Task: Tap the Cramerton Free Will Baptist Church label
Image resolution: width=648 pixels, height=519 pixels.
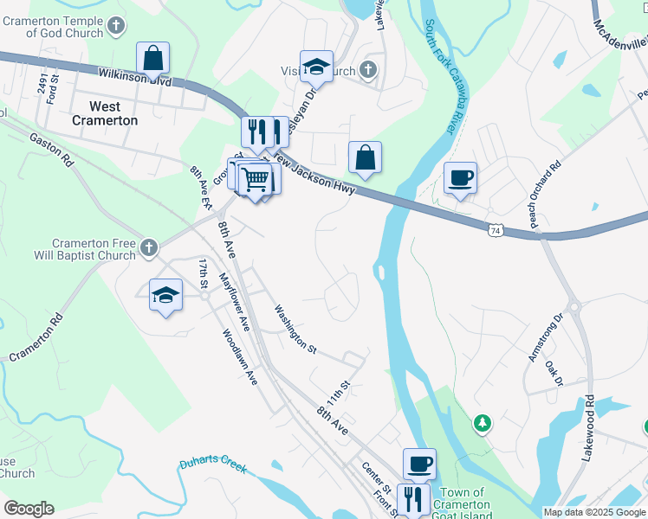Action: point(94,249)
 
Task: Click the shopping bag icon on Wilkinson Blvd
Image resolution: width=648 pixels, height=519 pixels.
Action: point(152,59)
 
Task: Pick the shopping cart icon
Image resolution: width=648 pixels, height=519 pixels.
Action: point(256,180)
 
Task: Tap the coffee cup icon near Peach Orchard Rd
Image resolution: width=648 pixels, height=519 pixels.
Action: point(460,178)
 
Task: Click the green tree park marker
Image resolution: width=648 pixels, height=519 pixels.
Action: point(482,424)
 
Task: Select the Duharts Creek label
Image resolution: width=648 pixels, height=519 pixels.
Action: point(213,465)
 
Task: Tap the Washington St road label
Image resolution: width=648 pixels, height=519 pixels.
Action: point(295,328)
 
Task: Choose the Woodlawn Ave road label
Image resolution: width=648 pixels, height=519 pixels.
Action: point(240,356)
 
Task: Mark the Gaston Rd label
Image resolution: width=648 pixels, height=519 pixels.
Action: point(53,150)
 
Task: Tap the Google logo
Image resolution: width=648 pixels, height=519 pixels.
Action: point(29,509)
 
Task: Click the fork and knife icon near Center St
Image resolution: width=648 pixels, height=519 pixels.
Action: point(413,499)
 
